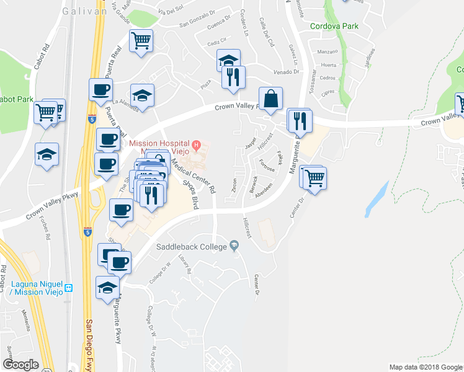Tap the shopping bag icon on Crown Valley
click(x=270, y=98)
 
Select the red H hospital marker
click(x=197, y=146)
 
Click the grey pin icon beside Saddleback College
click(x=233, y=246)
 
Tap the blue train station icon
click(x=69, y=288)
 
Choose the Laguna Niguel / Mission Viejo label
click(x=36, y=288)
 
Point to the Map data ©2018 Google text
click(x=426, y=367)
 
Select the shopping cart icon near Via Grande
click(x=141, y=41)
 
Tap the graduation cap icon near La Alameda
click(x=143, y=96)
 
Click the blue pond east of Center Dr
click(x=376, y=198)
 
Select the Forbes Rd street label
click(x=47, y=228)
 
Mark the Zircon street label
click(x=234, y=184)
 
